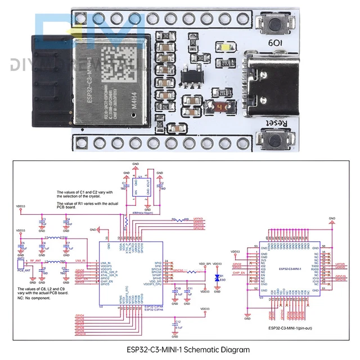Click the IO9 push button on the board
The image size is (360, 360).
(277, 25)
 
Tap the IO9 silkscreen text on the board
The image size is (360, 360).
(278, 43)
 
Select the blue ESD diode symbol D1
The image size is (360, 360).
(218, 278)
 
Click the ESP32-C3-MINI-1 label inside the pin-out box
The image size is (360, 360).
(290, 269)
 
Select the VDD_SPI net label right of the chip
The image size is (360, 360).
(205, 263)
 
